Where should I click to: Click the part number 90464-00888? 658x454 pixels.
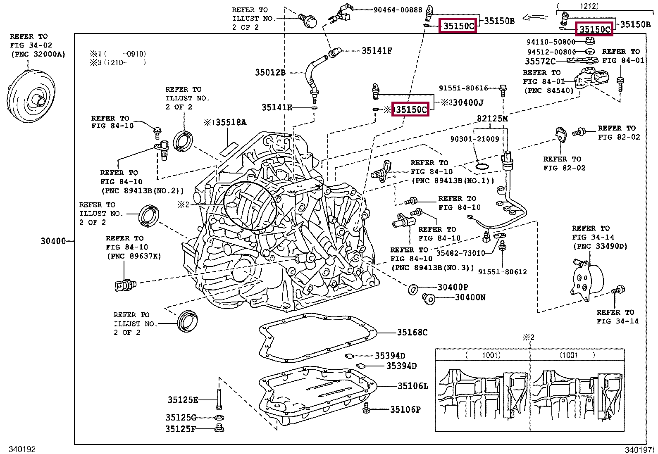tap(398, 10)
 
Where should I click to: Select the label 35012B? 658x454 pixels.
tap(270, 73)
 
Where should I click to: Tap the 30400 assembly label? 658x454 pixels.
tap(53, 241)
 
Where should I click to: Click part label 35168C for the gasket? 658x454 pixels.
tap(412, 333)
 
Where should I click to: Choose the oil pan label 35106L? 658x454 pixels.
tap(413, 386)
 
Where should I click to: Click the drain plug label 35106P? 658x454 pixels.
tap(405, 409)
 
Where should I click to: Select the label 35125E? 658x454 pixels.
tap(183, 399)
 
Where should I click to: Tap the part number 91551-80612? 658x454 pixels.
tap(502, 272)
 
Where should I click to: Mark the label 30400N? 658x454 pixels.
tap(470, 297)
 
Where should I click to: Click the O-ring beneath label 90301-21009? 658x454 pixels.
tap(482, 167)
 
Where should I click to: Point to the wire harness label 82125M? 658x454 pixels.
tap(492, 119)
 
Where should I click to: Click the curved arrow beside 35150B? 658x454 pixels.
tap(536, 18)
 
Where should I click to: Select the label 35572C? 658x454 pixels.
tap(541, 61)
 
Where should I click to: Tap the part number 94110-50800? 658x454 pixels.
tap(551, 42)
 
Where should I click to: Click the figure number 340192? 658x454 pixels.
tap(22, 449)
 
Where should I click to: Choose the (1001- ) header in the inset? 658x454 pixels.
tap(577, 355)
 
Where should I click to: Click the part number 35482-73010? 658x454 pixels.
tap(460, 253)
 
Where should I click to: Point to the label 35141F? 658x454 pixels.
tap(377, 50)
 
